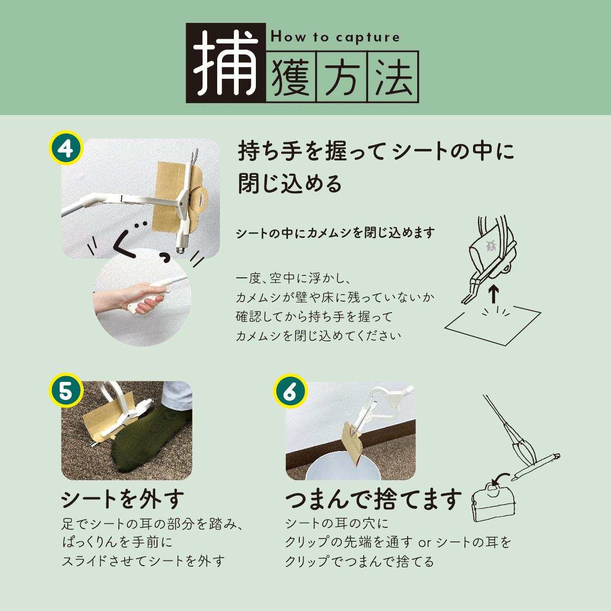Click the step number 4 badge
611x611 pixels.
[66, 148]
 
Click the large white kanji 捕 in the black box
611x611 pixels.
[226, 63]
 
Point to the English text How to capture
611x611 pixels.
[335, 37]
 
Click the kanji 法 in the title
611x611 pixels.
[393, 77]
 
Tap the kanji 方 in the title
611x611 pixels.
[342, 77]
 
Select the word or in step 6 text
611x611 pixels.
[424, 543]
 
